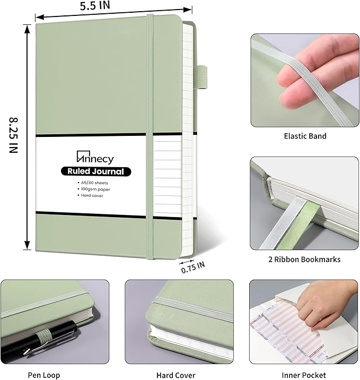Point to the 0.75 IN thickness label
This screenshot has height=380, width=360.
[192, 268]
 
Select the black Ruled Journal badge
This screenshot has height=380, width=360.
[95, 171]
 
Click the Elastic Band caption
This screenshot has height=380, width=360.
[304, 136]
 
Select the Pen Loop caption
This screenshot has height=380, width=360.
[44, 375]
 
